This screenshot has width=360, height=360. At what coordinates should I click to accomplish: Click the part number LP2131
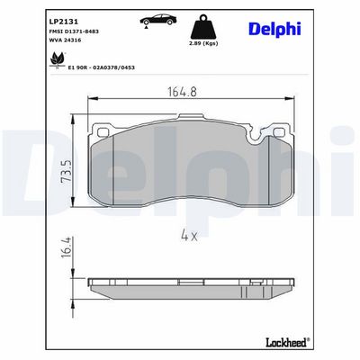pyautogui.click(x=64, y=22)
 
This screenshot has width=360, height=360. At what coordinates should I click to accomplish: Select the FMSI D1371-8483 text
pyautogui.click(x=74, y=31)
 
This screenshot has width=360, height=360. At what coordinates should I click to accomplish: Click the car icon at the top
pyautogui.click(x=157, y=20)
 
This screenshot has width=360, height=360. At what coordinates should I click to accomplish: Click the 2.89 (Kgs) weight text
pyautogui.click(x=203, y=43)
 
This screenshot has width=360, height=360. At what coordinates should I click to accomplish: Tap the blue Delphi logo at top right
pyautogui.click(x=274, y=29)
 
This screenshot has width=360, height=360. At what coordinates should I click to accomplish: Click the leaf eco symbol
pyautogui.click(x=58, y=60)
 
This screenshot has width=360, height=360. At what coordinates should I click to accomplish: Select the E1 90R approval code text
pyautogui.click(x=102, y=67)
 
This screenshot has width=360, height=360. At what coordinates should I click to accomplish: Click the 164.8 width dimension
pyautogui.click(x=182, y=92)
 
